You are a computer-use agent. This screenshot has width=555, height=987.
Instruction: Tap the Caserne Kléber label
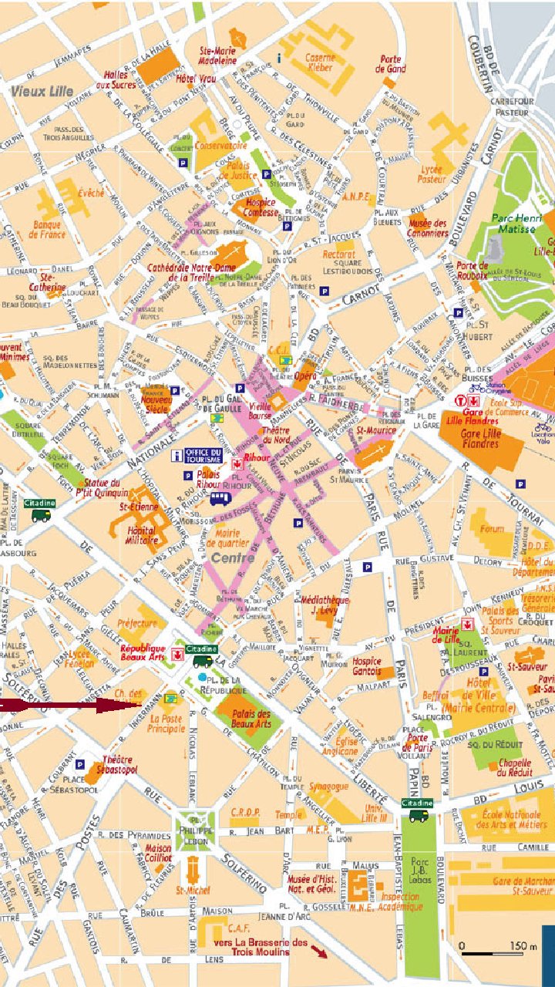click(319, 62)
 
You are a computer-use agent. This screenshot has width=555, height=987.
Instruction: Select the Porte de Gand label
click(390, 64)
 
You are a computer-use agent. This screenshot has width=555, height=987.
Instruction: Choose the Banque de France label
click(48, 230)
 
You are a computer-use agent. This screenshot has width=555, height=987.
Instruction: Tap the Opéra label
click(306, 376)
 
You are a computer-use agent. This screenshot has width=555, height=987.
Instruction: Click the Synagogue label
click(328, 787)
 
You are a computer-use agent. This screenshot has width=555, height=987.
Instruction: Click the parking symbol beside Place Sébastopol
click(80, 765)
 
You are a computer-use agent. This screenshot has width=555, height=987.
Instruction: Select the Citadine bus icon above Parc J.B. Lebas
click(419, 814)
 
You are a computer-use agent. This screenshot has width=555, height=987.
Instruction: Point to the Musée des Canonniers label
click(428, 227)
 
